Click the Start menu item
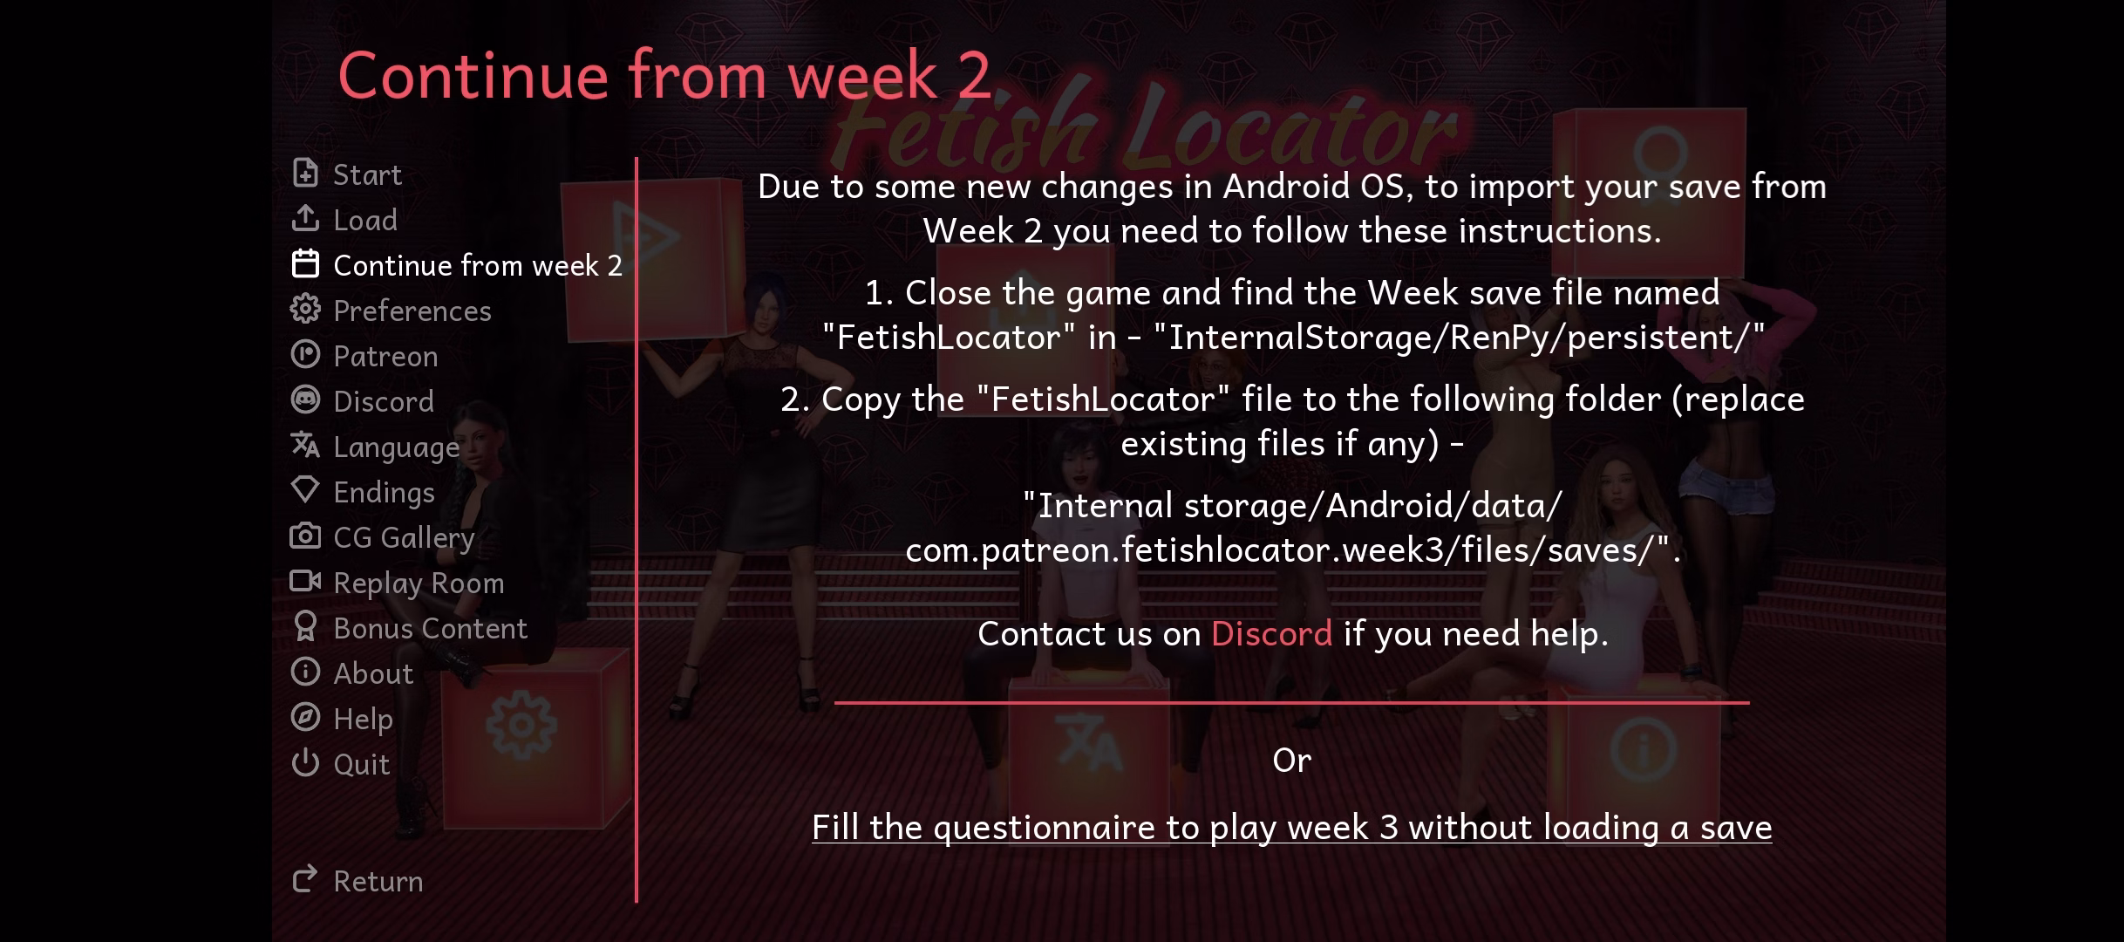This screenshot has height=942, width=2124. [x=346, y=174]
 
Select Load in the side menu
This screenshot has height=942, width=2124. [x=344, y=220]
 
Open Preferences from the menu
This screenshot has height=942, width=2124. [x=391, y=311]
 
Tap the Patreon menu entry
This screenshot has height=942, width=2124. [x=364, y=356]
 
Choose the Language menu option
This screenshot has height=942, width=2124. [x=375, y=447]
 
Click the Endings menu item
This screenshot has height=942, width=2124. [x=363, y=492]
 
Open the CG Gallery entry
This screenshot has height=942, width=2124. [x=383, y=537]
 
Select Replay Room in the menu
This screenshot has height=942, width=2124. [x=398, y=583]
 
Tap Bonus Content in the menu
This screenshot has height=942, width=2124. [x=409, y=628]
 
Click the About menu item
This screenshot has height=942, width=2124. [x=352, y=673]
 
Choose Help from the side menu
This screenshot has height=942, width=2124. [x=342, y=719]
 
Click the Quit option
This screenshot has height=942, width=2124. [x=340, y=764]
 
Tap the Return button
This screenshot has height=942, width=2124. [x=357, y=881]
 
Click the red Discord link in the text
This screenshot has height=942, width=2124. [x=1271, y=633]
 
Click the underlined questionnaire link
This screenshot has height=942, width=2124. [x=1291, y=828]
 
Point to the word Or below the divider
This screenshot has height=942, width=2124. [x=1291, y=761]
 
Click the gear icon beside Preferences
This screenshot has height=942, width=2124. [x=305, y=309]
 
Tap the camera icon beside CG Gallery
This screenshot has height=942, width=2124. [x=305, y=536]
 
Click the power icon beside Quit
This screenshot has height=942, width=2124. [x=305, y=762]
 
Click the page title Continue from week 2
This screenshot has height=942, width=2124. [x=664, y=75]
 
